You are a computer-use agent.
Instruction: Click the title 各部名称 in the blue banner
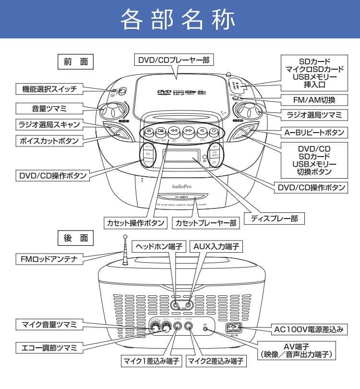[180, 19]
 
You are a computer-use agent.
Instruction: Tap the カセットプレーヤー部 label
[206, 223]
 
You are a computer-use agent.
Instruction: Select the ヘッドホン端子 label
[158, 246]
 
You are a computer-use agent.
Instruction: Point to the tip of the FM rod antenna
[125, 236]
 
